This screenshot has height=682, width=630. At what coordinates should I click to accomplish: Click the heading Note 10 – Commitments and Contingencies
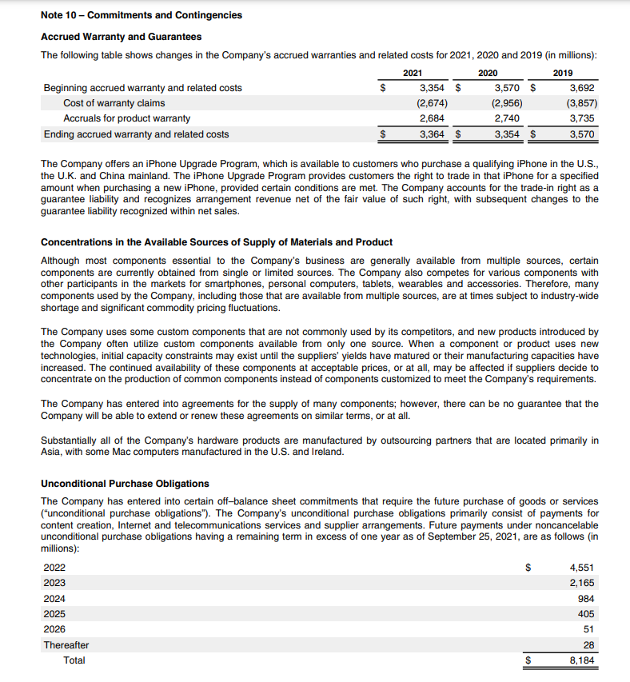pos(141,15)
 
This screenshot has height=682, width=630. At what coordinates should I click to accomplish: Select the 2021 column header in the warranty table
pos(413,73)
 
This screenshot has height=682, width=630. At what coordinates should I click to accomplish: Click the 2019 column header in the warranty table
pos(574,73)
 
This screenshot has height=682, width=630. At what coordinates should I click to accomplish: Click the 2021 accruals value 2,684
pos(433,119)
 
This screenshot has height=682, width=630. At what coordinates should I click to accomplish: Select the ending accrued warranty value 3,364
pos(433,134)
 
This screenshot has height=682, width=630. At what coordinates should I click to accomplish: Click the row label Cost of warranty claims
pos(114,103)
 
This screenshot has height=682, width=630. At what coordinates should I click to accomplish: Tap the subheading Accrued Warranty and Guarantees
pos(121,37)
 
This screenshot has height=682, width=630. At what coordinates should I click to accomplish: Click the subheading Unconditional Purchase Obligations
pos(125,484)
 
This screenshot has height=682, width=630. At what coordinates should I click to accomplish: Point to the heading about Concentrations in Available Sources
pos(216,242)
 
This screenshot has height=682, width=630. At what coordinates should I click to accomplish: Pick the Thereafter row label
pos(66,645)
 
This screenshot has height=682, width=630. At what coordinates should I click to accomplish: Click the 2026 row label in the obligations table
pos(54,629)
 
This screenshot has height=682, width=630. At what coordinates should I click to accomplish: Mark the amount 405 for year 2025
pos(587,614)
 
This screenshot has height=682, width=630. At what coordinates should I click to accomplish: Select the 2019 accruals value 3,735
pos(582,119)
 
